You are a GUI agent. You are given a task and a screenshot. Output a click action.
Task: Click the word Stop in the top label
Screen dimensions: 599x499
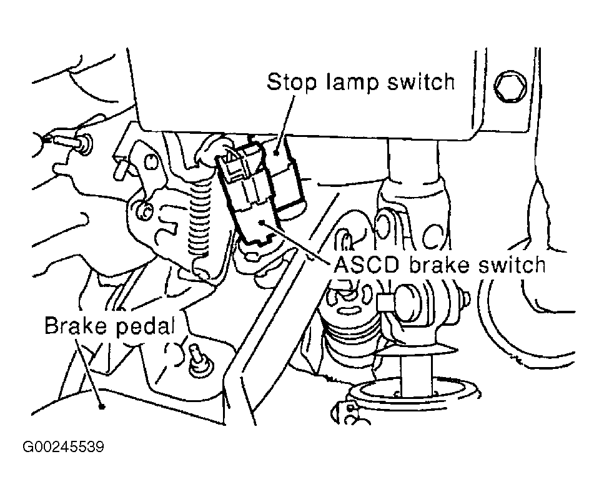(x=292, y=82)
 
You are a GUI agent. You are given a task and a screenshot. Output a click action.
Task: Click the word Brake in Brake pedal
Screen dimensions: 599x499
(x=75, y=325)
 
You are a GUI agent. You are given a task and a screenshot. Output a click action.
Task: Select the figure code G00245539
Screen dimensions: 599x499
(x=63, y=446)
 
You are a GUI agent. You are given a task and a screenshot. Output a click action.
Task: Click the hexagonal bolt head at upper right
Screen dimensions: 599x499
(x=510, y=86)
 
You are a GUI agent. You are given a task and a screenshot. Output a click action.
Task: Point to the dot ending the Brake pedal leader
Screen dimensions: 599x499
(x=102, y=406)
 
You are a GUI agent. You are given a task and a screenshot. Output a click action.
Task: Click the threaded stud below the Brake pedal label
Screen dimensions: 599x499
(x=197, y=358)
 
